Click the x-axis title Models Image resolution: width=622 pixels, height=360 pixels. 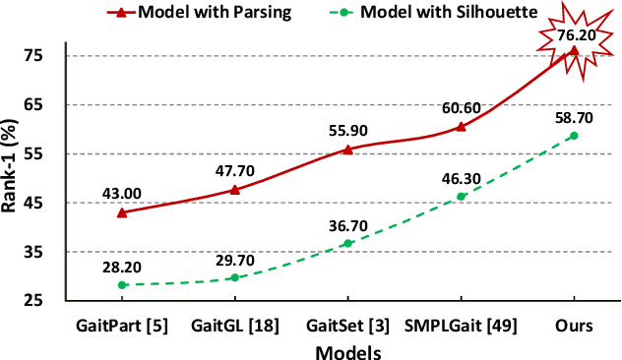347,349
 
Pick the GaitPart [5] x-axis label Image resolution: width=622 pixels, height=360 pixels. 122,325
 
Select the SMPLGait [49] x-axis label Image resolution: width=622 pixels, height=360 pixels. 461,325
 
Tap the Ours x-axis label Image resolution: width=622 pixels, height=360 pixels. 574,325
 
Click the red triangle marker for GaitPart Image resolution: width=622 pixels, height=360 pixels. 122,212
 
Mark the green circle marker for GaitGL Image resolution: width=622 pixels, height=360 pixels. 234,277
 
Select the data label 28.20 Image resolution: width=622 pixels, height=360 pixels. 122,266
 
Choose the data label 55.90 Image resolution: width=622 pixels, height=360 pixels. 347,130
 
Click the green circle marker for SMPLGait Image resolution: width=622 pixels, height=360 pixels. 461,197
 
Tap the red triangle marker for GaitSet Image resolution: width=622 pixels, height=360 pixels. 347,150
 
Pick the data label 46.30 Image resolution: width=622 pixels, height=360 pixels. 461,177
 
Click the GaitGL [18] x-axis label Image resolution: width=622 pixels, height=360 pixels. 234,325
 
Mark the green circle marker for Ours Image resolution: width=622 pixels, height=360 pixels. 574,136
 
